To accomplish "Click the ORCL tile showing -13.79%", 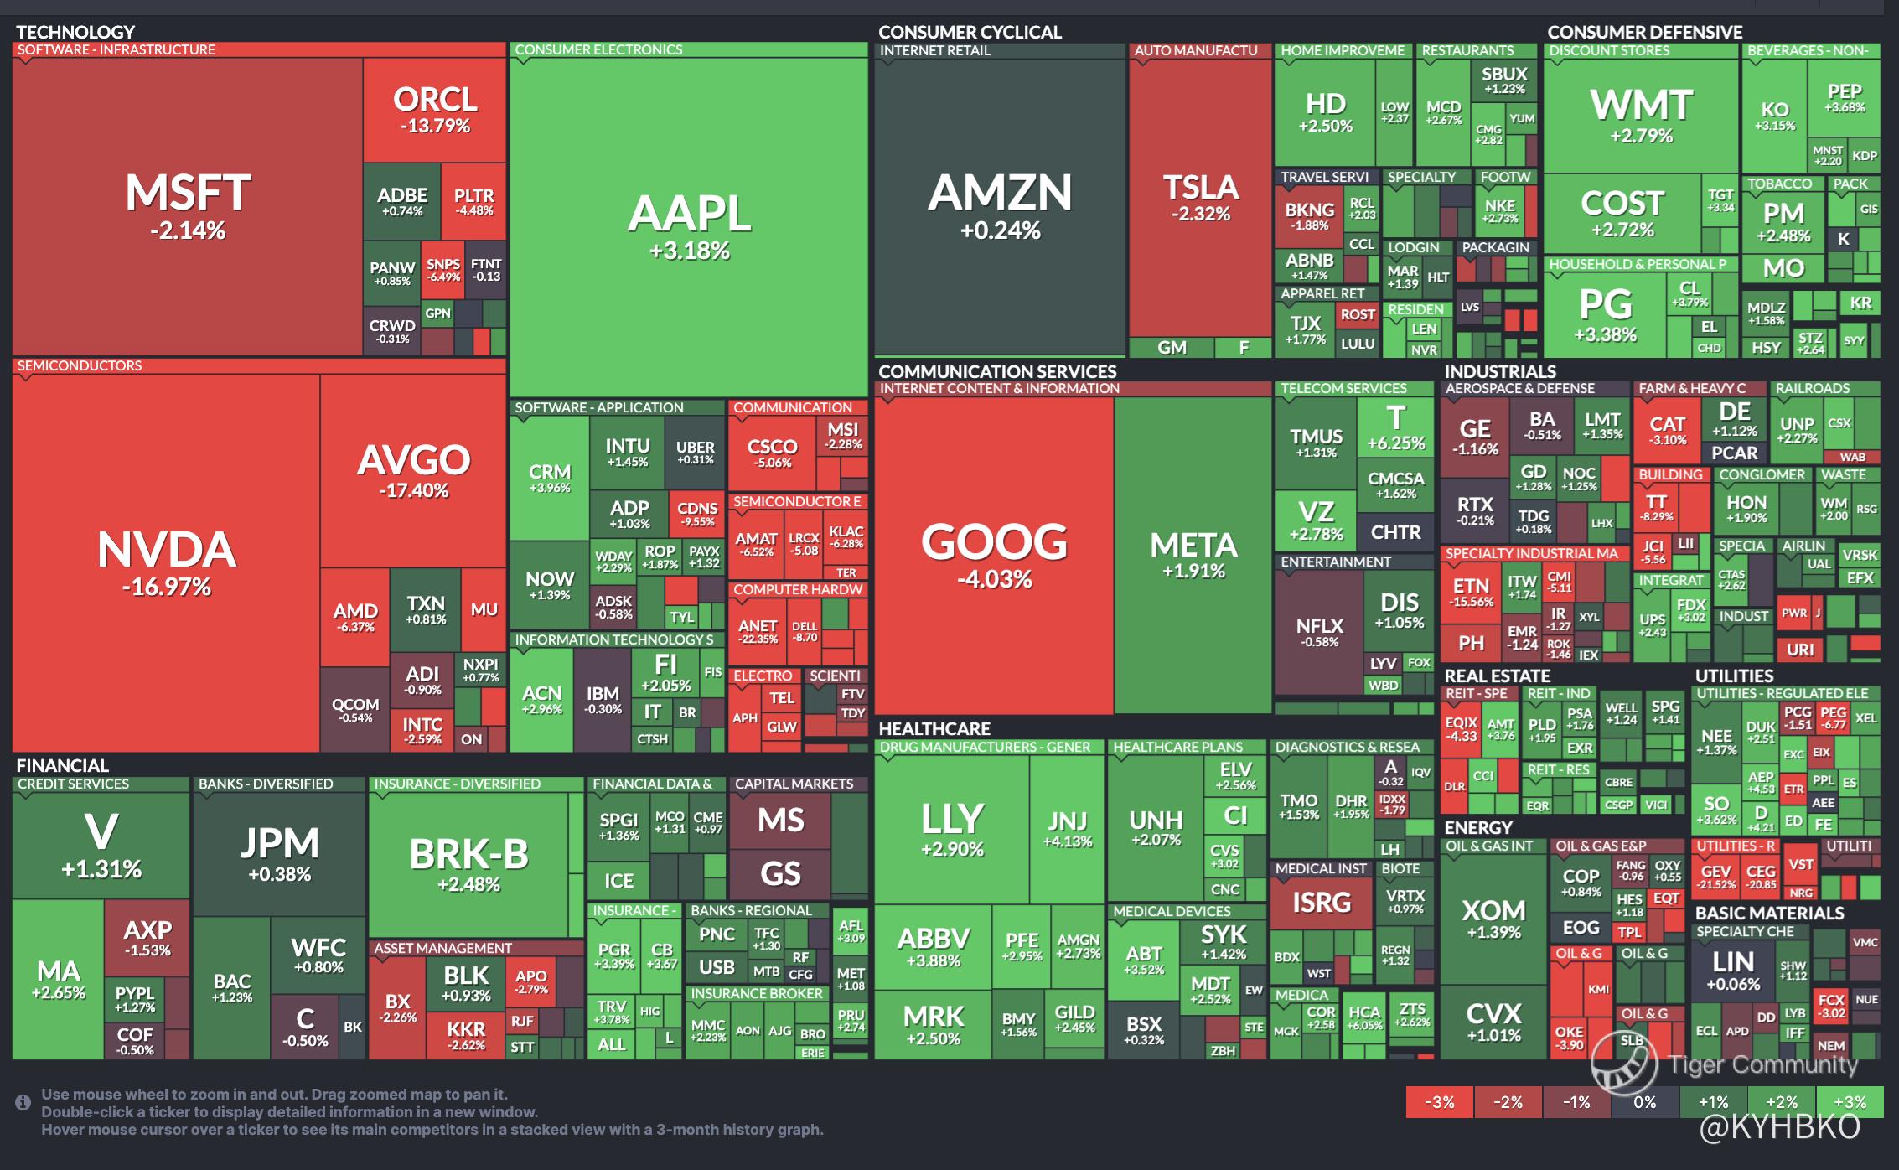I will coord(435,110).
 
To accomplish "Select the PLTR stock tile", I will coord(473,201).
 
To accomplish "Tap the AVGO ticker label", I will coord(414,460).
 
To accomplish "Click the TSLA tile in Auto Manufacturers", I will coord(1200,198).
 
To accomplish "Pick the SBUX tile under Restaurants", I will coord(1504,80).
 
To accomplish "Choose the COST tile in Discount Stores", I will coord(1622,213).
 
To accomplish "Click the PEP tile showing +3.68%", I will coord(1845,96).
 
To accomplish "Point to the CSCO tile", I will coord(772,452).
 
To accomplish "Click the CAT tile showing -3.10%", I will coord(1668,429).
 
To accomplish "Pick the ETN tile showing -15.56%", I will coord(1472,591).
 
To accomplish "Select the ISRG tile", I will coord(1322,903).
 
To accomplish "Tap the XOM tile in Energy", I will coord(1493,917).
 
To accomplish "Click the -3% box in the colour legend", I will coord(1440,1102).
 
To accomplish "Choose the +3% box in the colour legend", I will coord(1850,1102).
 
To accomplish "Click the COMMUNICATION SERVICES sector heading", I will coord(997,371).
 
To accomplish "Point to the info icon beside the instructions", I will coord(23,1102).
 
